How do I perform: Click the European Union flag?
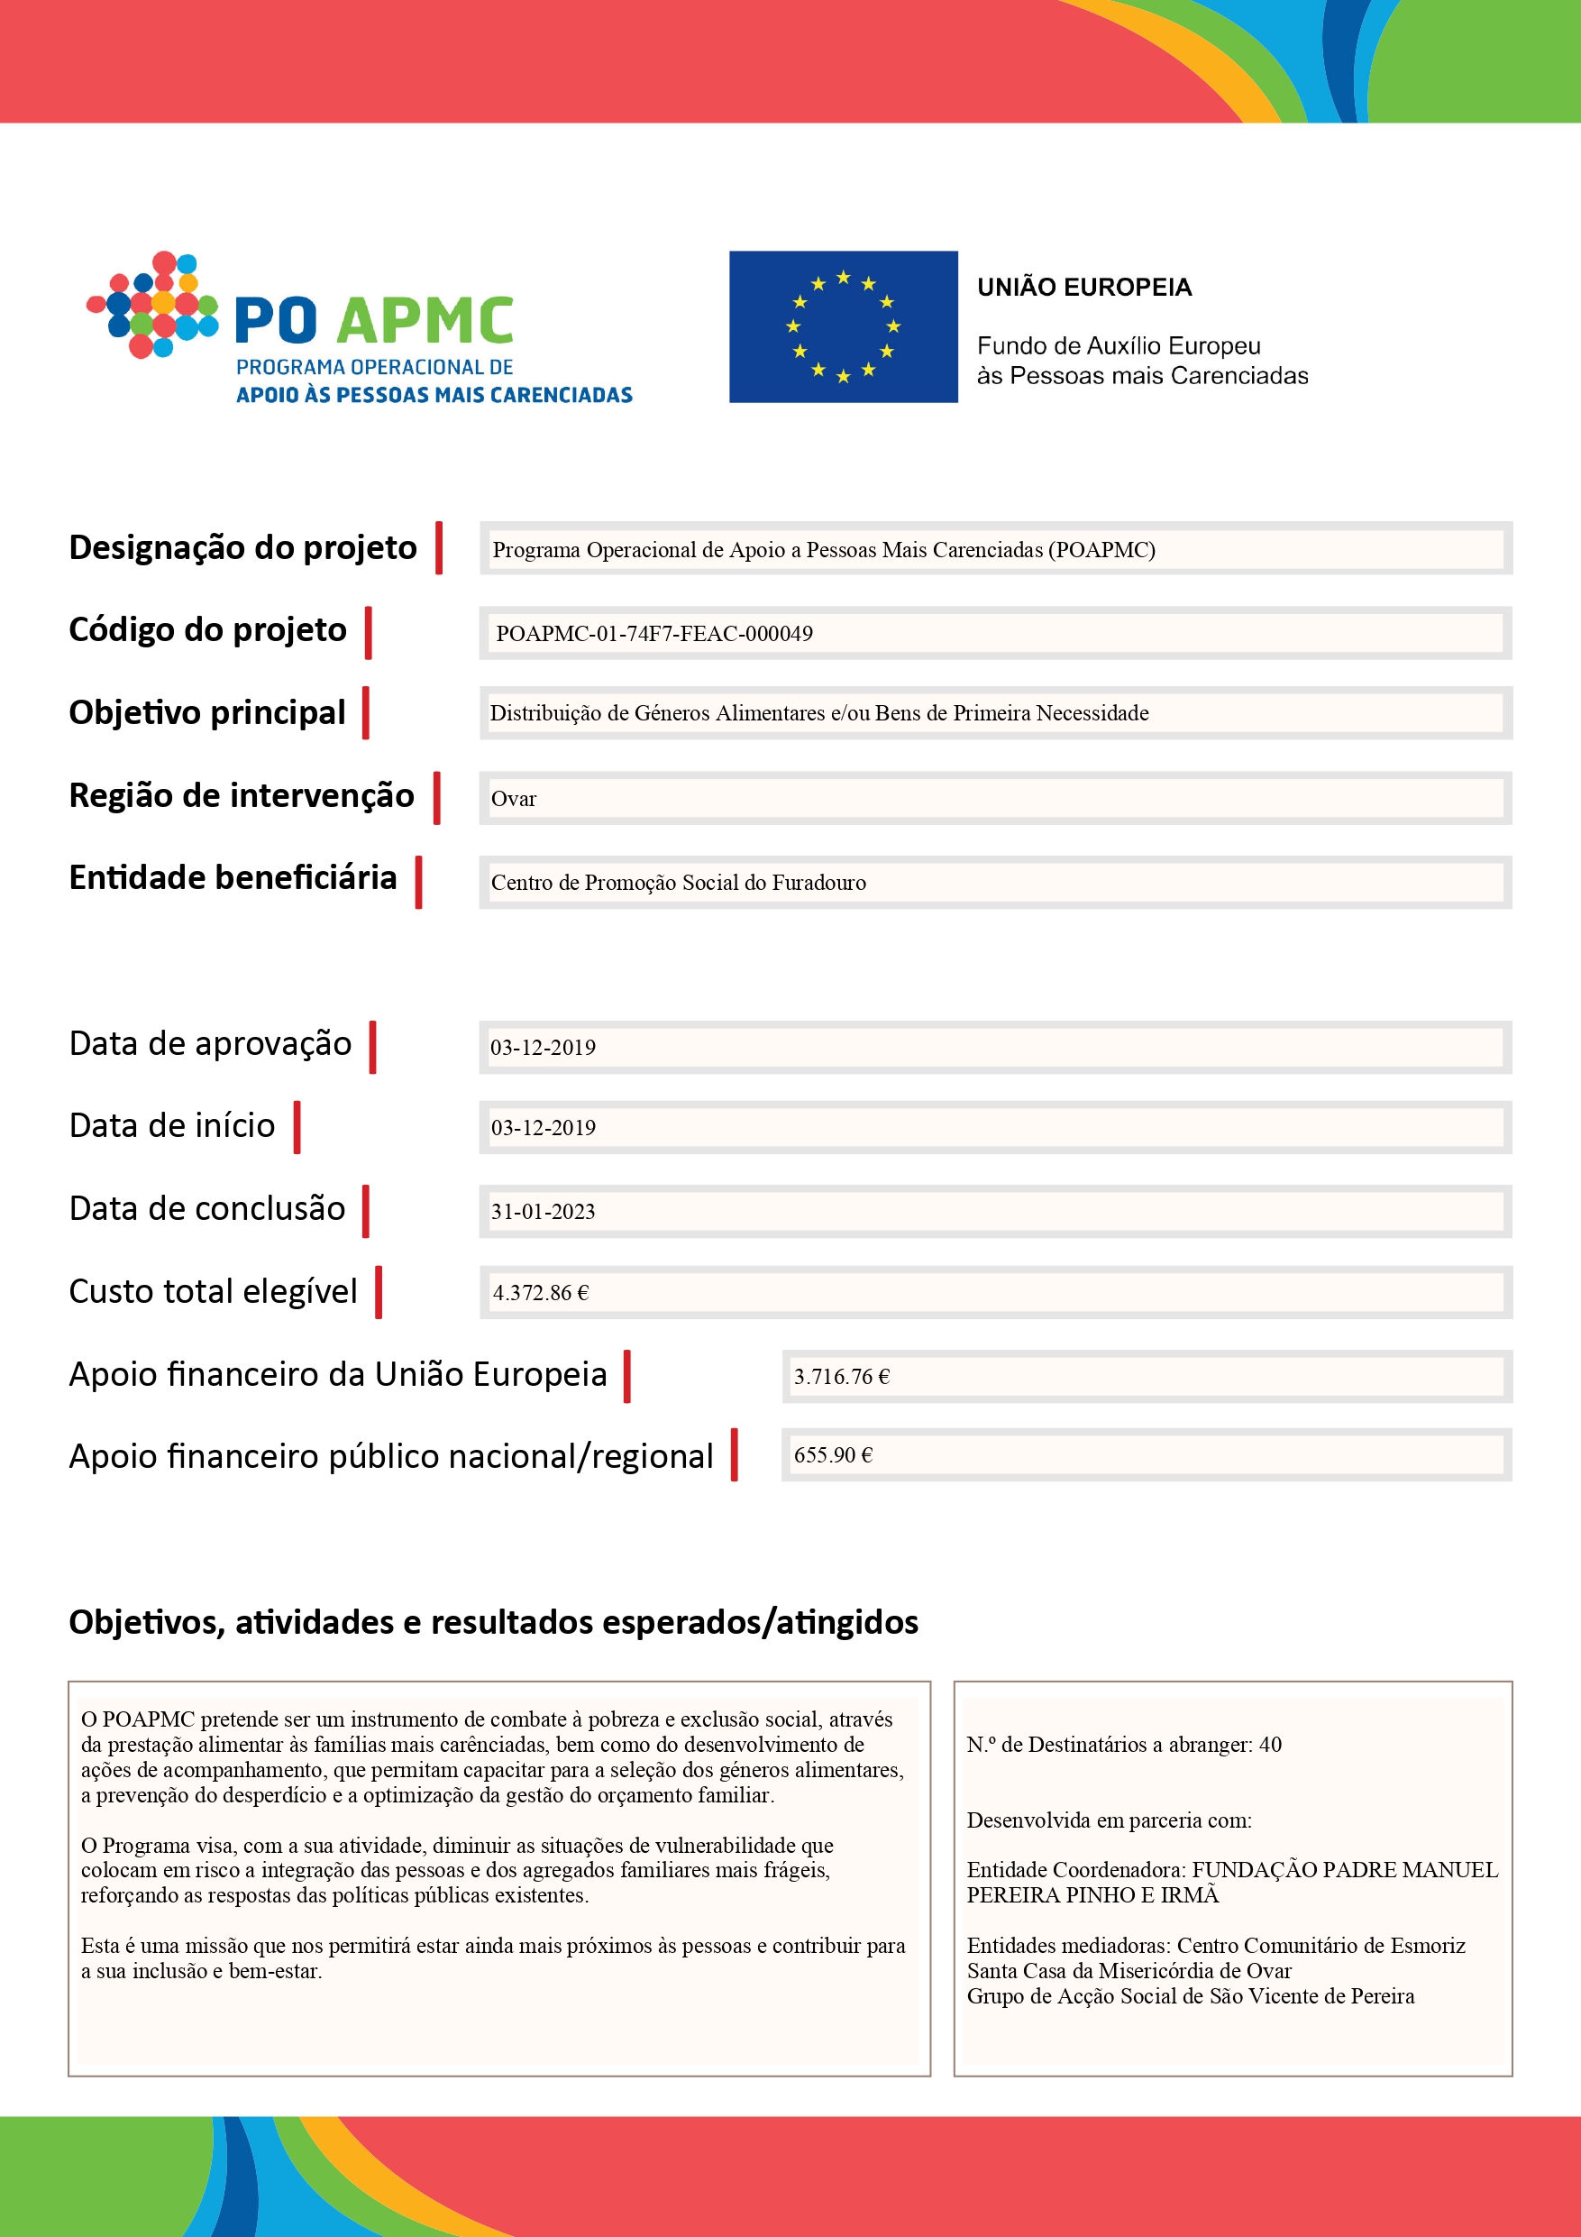click(843, 326)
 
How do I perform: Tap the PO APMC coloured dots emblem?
click(154, 306)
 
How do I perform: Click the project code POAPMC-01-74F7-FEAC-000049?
click(653, 634)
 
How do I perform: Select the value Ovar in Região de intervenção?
click(514, 799)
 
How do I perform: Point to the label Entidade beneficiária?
click(233, 878)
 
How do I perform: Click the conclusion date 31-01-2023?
click(543, 1212)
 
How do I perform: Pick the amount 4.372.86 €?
click(541, 1293)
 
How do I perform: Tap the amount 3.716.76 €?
click(842, 1377)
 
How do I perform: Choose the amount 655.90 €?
click(833, 1455)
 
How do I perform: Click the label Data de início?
click(172, 1126)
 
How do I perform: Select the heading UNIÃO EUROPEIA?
click(1084, 288)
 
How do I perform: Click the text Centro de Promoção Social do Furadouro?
click(678, 883)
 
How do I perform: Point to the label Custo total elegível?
click(214, 1292)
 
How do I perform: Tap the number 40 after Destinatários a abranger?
click(1270, 1745)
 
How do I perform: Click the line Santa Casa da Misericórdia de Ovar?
click(1129, 1971)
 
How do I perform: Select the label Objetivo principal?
click(206, 713)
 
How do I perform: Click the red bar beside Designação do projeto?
click(439, 547)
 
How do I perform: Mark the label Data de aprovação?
click(210, 1043)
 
